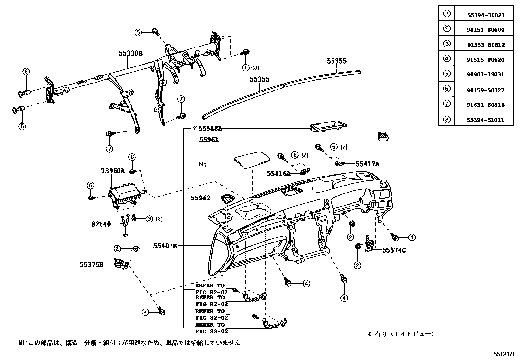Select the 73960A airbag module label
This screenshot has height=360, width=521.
point(113,171)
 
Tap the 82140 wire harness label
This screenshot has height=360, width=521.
point(101,224)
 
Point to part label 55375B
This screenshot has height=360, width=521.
point(91,264)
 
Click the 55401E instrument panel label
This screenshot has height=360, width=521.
point(165,246)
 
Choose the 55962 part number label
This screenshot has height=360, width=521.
point(201,198)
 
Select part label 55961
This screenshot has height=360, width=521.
point(208,139)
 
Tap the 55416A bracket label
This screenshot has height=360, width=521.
point(278,174)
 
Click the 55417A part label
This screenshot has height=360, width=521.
point(367,164)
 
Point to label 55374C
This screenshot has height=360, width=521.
point(394,250)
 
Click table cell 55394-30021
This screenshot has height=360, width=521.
point(486,15)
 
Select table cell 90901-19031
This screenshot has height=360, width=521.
point(486,74)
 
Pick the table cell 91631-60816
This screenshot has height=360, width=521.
point(486,105)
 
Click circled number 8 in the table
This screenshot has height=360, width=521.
point(447,119)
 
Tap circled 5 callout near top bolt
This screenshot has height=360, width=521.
point(138,32)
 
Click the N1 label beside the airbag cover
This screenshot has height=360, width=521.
point(203,164)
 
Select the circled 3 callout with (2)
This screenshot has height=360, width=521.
point(149,218)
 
